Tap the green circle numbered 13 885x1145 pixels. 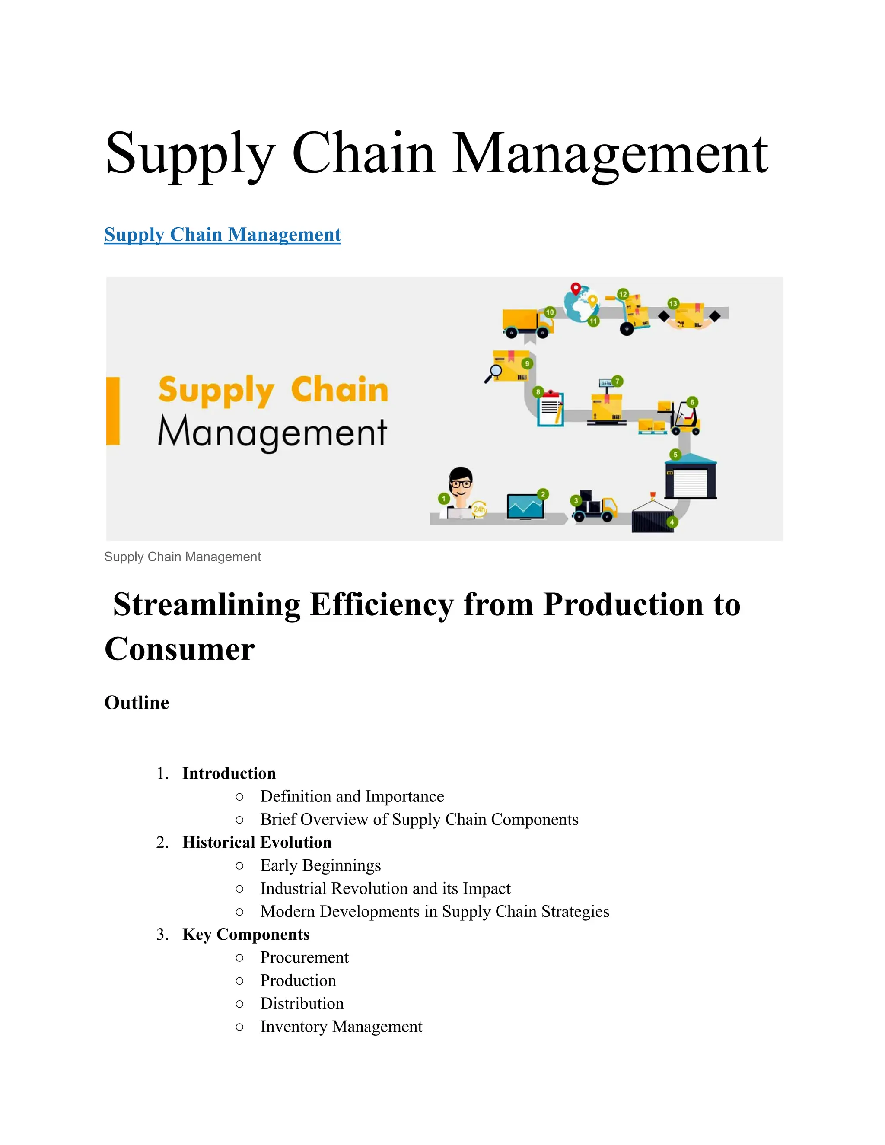[673, 304]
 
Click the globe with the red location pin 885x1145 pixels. [581, 304]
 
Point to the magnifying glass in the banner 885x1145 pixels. [494, 373]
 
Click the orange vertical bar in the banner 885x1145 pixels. [113, 411]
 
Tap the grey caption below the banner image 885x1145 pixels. [182, 557]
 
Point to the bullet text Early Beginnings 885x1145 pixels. [320, 865]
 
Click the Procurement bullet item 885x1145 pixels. [304, 958]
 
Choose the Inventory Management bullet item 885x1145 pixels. [341, 1027]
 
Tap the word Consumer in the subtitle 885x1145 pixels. [179, 649]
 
